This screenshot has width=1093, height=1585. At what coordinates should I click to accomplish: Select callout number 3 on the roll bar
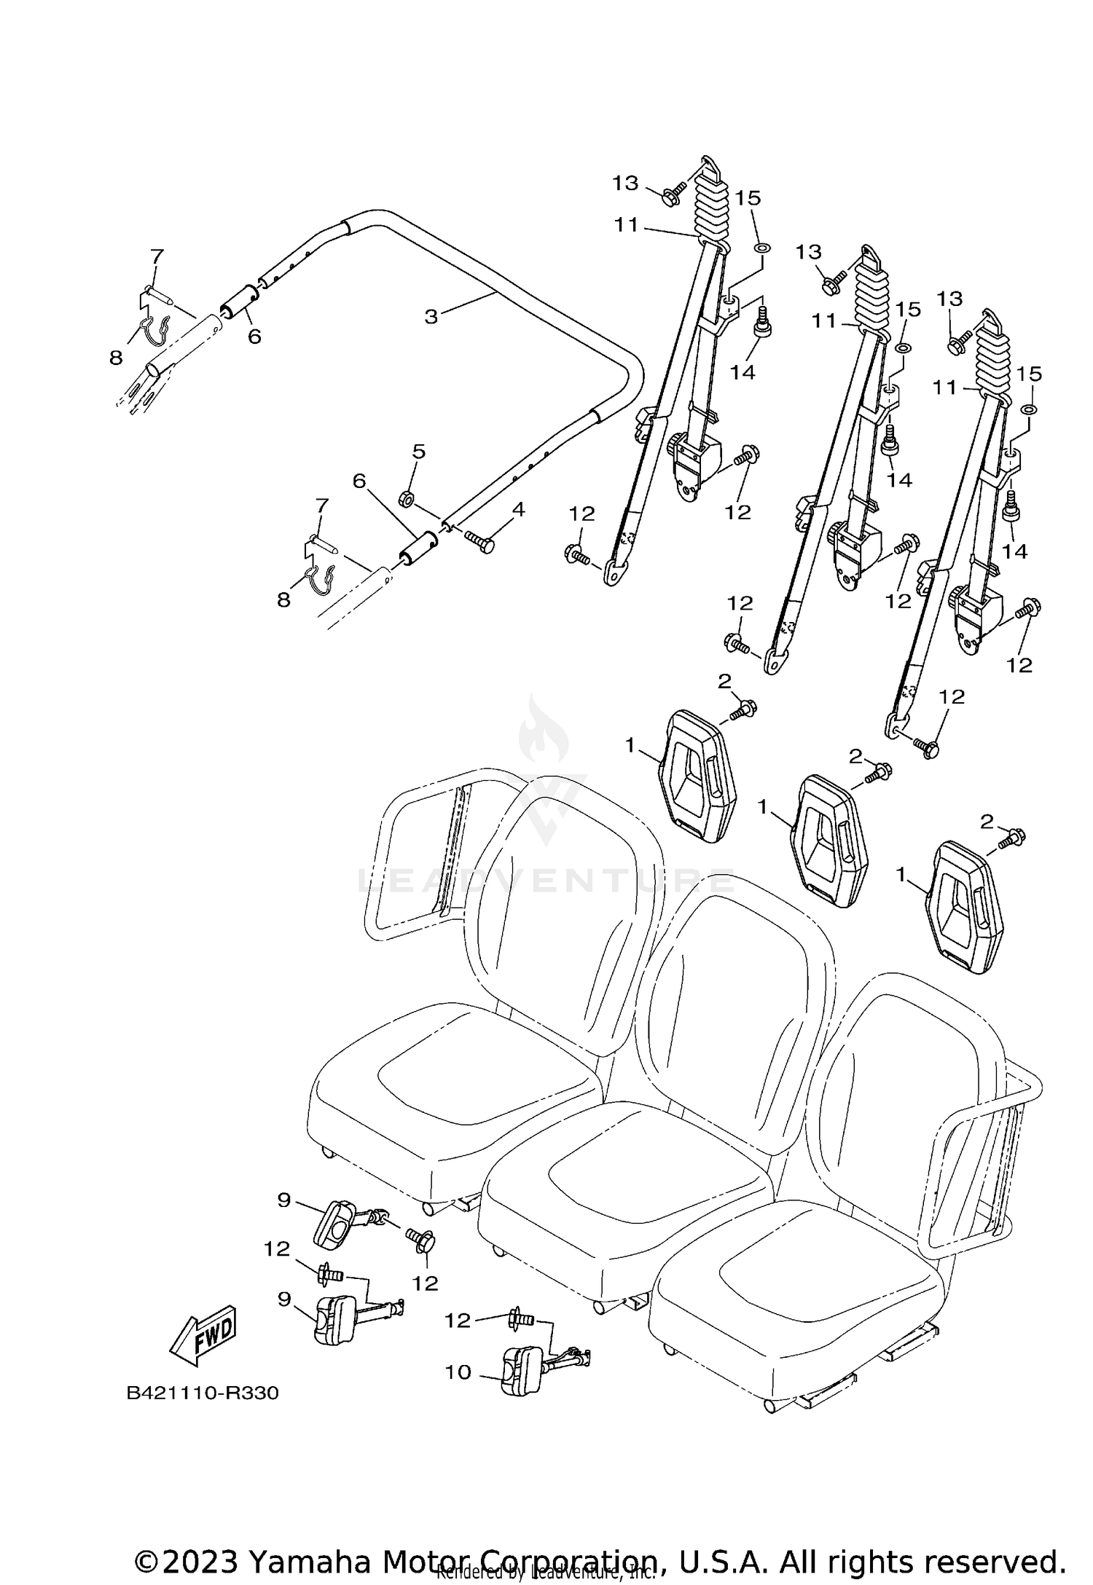431,317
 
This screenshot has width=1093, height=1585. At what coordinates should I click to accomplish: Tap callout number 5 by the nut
418,452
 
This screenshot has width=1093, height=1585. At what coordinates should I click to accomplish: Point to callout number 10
459,1372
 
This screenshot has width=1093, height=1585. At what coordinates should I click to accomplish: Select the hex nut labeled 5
407,499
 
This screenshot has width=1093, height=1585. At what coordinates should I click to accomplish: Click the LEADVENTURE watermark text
546,881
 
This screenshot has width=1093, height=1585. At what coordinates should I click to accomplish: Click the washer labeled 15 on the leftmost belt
761,248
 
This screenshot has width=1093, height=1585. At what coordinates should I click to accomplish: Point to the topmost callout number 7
157,256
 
